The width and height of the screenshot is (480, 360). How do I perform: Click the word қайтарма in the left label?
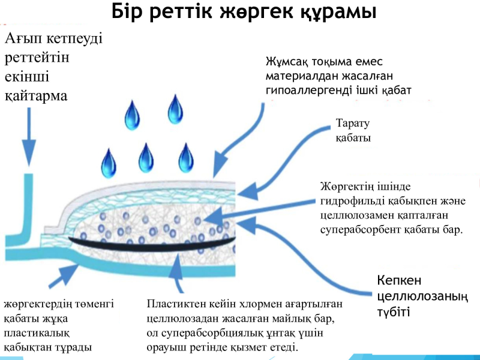[36, 96]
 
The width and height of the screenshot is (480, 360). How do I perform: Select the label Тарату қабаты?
[353, 130]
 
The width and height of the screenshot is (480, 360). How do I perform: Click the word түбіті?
[393, 312]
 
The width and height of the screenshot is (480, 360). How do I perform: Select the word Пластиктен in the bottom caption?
[176, 304]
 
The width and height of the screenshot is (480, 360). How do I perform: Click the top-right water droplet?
[175, 109]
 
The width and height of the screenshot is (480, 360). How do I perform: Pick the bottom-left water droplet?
[109, 163]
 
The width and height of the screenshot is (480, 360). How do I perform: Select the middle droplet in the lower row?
[146, 158]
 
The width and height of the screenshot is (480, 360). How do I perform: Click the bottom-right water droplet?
[186, 158]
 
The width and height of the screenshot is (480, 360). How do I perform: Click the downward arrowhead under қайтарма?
[29, 153]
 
